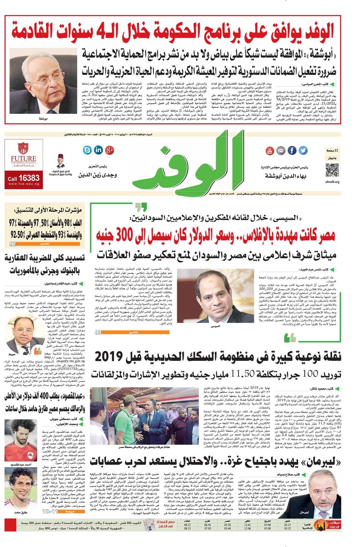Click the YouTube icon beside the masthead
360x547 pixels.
tap(270, 151)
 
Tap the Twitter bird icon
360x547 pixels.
tap(303, 151)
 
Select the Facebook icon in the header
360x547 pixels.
tap(292, 151)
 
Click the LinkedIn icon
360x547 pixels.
tap(98, 150)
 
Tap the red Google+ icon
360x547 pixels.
tap(109, 150)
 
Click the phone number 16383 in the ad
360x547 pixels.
tap(28, 178)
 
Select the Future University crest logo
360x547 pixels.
tap(23, 148)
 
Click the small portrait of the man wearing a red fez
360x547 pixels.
tap(60, 161)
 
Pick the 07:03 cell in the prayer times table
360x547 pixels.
tap(207, 528)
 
